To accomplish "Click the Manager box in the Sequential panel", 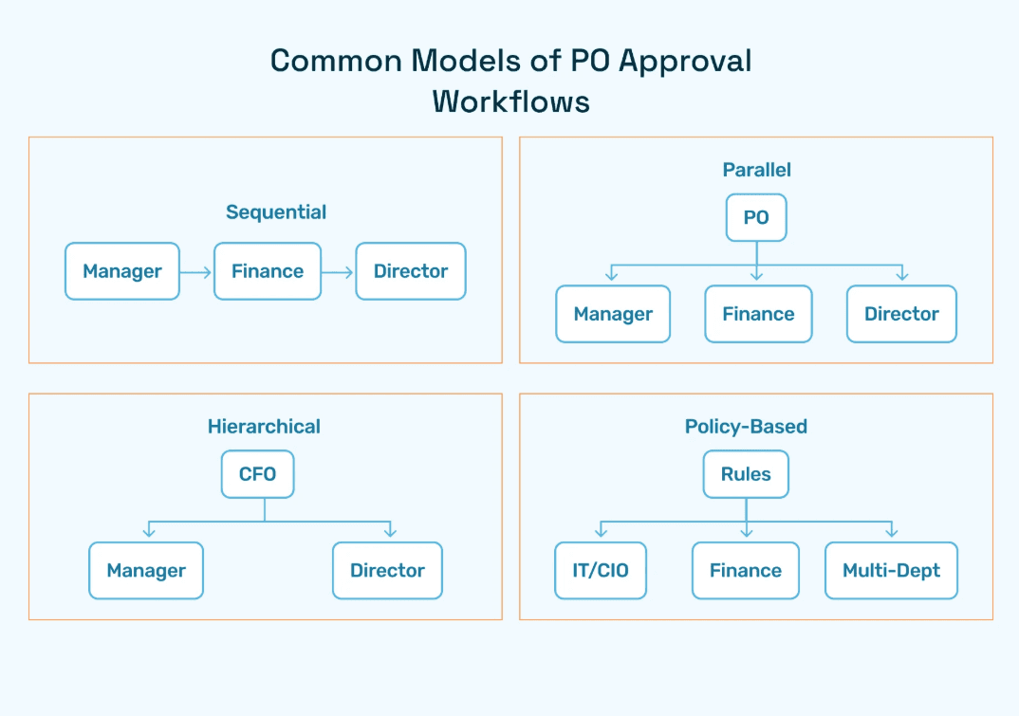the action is [121, 271].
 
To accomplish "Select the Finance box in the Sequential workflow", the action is [268, 271].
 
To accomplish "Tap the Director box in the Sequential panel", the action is [411, 271].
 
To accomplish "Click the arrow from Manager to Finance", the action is [196, 272].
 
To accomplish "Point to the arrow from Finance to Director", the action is [338, 272].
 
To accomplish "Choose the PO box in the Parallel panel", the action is [756, 217].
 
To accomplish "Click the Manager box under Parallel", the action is [613, 314].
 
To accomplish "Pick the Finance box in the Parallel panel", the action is [758, 314].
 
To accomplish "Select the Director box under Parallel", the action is [901, 314].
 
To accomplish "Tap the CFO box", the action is [257, 474].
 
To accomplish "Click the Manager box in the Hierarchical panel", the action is [146, 571].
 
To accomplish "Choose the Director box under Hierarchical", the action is [387, 571].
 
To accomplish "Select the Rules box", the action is [746, 474].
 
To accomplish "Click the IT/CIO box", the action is [601, 571].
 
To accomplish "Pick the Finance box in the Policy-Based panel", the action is [746, 571].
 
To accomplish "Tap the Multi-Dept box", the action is [891, 571].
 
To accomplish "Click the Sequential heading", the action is [276, 212].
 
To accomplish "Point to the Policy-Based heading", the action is [746, 427].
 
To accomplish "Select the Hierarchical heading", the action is [264, 427].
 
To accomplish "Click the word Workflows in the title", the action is [510, 101].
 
